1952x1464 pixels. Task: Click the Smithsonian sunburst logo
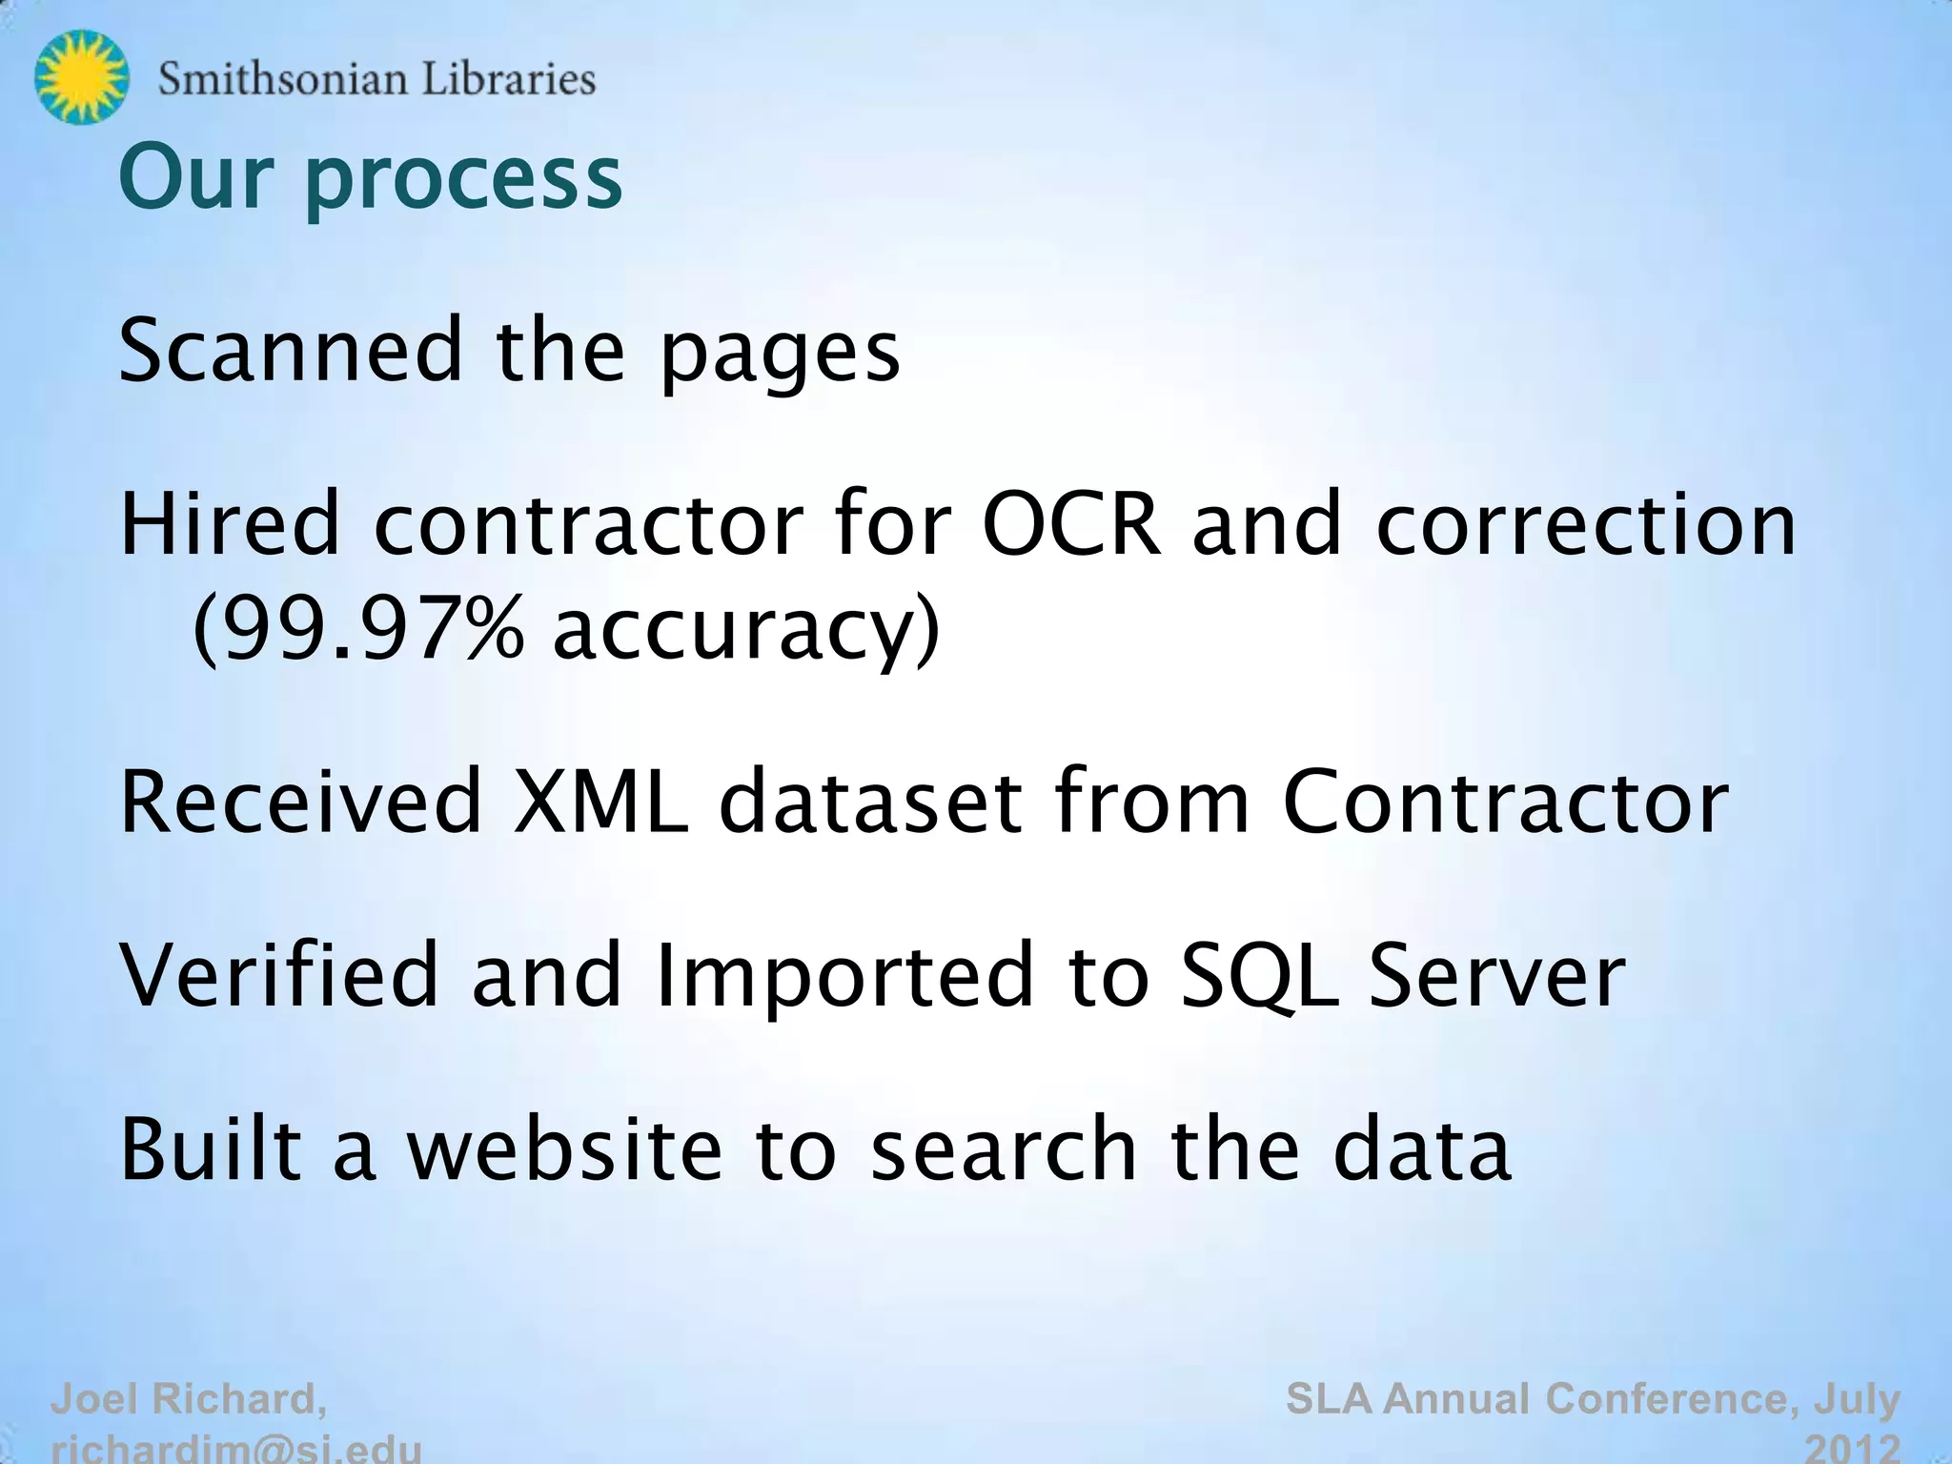pyautogui.click(x=81, y=77)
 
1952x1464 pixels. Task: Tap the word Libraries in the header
pyautogui.click(x=508, y=79)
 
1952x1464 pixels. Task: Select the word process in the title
pyautogui.click(x=464, y=180)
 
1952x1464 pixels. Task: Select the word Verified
pyautogui.click(x=278, y=974)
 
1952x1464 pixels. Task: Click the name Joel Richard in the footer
pyautogui.click(x=188, y=1399)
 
